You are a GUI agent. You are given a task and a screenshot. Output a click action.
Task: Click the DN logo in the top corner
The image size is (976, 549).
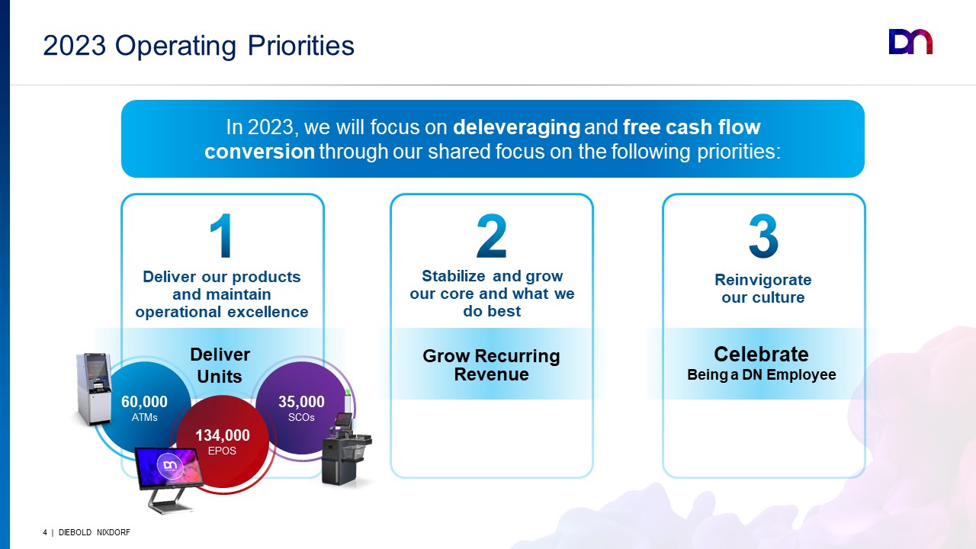coord(910,42)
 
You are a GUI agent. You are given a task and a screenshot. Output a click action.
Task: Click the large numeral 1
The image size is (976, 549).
coord(221,236)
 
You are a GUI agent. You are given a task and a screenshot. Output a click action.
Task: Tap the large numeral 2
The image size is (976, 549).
coord(492,236)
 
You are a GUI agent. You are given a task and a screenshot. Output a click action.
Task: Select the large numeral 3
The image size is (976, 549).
coord(763,236)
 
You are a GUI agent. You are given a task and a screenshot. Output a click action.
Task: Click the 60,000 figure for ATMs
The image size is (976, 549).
coord(144,401)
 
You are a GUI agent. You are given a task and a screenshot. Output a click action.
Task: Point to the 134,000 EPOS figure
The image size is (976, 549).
coord(223,435)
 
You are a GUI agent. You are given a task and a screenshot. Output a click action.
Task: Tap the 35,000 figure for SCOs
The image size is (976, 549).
coord(301,401)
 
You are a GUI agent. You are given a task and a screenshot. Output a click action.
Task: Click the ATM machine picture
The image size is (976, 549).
coord(93,389)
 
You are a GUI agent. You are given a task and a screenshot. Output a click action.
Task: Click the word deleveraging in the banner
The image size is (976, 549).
coord(516,127)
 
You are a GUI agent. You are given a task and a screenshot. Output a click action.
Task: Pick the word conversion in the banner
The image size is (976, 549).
coord(260,152)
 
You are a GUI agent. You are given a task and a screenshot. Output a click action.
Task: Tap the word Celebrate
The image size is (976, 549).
coord(761,354)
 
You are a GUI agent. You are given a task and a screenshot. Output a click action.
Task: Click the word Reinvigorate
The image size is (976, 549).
coord(763,280)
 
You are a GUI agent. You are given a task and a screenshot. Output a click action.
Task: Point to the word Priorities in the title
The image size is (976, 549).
coord(301,46)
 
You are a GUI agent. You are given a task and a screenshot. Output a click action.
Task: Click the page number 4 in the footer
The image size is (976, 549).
coord(45,532)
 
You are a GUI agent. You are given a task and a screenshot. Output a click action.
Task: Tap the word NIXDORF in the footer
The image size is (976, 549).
coord(114,532)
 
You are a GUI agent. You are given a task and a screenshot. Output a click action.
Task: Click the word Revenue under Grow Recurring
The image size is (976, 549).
coord(492,374)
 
